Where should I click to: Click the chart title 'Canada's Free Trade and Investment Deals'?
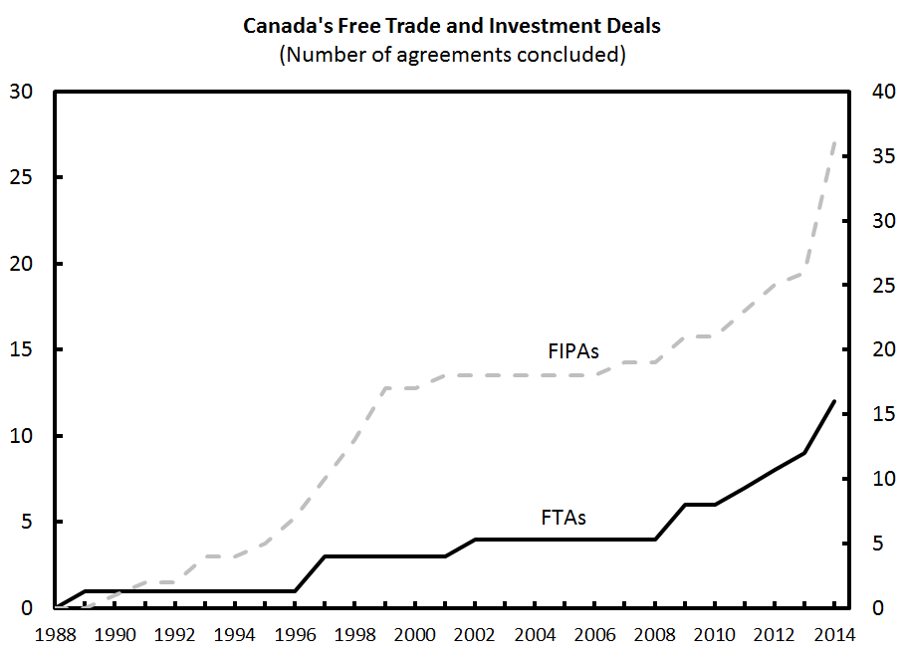452,26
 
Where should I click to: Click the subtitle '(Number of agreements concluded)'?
452,54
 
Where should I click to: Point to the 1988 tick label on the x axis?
57,634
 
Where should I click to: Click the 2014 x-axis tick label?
834,634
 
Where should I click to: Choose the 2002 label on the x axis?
475,634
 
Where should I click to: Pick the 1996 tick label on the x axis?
296,634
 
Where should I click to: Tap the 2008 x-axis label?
654,634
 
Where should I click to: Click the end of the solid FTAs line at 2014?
834,401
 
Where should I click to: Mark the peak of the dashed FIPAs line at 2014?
834,143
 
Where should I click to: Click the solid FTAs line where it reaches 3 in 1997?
326,556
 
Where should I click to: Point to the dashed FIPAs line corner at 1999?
385,388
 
